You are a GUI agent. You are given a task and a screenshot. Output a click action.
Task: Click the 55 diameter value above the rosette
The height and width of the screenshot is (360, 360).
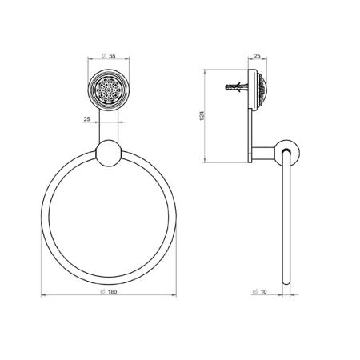(x=112, y=56)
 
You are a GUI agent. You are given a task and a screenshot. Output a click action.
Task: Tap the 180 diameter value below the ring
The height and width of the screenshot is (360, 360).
(x=112, y=292)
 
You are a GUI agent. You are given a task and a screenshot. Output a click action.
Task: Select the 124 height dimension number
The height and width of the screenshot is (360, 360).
(x=202, y=115)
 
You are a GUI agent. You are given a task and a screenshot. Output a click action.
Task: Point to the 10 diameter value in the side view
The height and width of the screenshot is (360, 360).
(x=263, y=292)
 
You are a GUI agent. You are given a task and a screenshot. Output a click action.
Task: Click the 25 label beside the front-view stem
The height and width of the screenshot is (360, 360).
(x=87, y=119)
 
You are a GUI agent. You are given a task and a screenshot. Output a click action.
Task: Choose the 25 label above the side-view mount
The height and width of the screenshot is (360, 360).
(x=257, y=56)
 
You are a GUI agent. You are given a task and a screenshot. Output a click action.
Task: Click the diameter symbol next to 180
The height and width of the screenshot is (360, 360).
(x=102, y=292)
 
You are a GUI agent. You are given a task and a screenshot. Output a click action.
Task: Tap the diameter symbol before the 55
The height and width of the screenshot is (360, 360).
(x=104, y=56)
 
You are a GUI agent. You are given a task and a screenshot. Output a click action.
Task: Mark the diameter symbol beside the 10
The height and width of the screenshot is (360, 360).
(x=254, y=292)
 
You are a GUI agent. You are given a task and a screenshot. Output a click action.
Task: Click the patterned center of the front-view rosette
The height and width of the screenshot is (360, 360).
(x=109, y=90)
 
